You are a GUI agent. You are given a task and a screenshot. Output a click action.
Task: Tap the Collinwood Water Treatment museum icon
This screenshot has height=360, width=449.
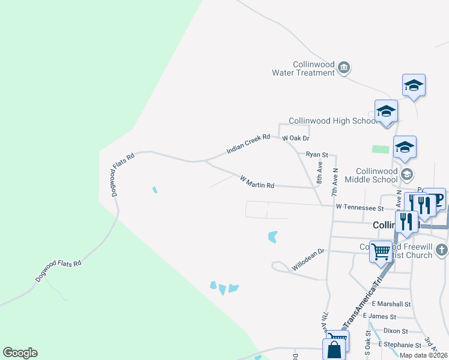pyautogui.click(x=344, y=67)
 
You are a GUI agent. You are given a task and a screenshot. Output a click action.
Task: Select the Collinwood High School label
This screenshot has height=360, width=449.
pyautogui.click(x=332, y=121)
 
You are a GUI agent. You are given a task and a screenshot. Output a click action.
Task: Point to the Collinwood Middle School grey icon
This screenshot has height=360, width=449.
pyautogui.click(x=407, y=175)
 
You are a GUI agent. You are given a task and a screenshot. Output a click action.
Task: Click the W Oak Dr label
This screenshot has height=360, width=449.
pyautogui.click(x=295, y=138)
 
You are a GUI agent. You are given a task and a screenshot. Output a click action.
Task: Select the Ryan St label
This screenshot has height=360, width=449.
pyautogui.click(x=317, y=154)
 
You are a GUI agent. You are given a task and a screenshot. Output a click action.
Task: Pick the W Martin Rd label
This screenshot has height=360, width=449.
pyautogui.click(x=257, y=182)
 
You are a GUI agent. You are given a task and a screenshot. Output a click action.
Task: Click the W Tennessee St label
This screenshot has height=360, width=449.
pyautogui.click(x=360, y=208)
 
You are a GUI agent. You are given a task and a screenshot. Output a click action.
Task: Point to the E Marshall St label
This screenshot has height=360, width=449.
pyautogui.click(x=391, y=304)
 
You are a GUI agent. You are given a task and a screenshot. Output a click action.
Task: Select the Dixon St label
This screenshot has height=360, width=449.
pyautogui.click(x=395, y=331)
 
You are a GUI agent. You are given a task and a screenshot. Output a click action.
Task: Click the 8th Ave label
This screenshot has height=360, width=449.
pyautogui.click(x=320, y=172)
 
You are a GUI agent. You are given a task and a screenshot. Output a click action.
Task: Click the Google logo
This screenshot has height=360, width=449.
pyautogui.click(x=20, y=353)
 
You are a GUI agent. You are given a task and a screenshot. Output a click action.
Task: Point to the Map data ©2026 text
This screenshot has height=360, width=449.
pyautogui.click(x=424, y=355)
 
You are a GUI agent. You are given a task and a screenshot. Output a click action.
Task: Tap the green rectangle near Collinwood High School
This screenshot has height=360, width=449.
pyautogui.click(x=380, y=149)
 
